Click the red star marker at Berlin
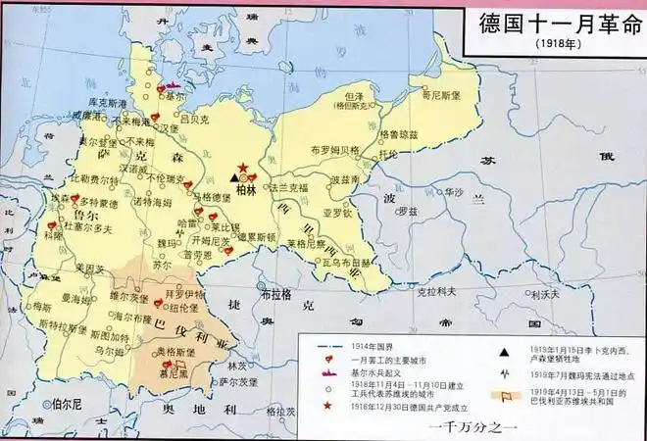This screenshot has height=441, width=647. click(242, 169)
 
